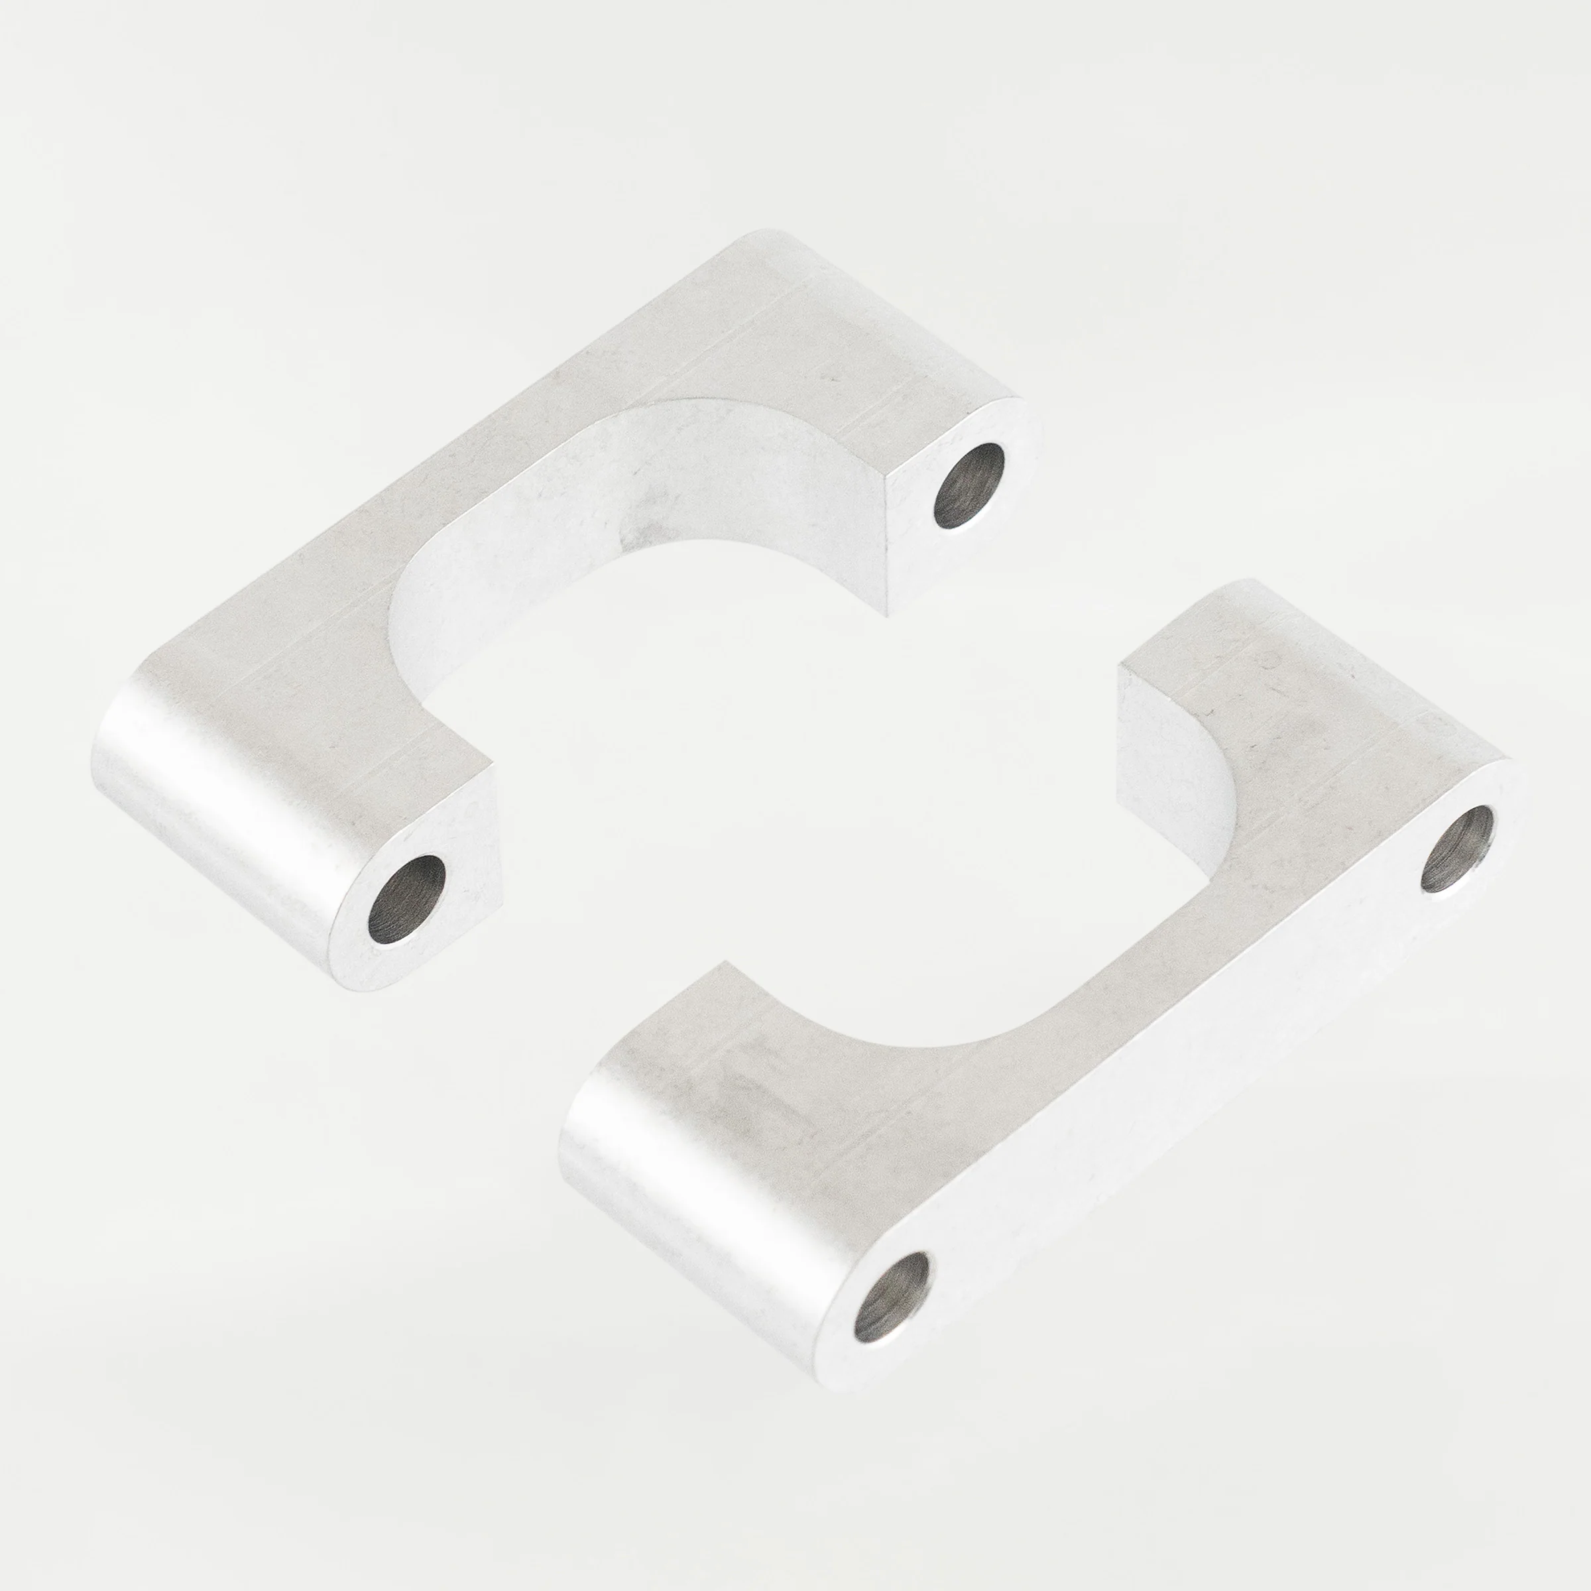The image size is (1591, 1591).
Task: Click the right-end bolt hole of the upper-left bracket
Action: click(x=969, y=486)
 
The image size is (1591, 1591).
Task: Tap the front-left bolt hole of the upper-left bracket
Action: click(x=406, y=900)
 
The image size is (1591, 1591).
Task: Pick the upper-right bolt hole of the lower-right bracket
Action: click(x=1458, y=849)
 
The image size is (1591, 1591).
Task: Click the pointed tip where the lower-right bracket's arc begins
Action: click(x=725, y=963)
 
